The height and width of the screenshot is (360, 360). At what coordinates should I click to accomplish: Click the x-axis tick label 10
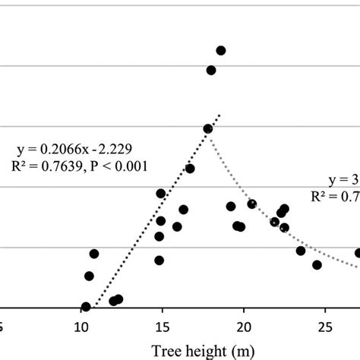[x=81, y=327]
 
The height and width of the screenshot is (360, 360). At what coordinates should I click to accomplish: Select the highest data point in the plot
[x=221, y=51]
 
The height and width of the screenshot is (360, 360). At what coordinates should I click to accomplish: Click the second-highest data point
[x=211, y=71]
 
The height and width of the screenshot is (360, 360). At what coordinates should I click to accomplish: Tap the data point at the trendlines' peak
[x=208, y=129]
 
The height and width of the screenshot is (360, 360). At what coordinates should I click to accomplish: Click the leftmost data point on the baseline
[x=86, y=307]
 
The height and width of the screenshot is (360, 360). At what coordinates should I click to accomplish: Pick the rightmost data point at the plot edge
[x=358, y=253]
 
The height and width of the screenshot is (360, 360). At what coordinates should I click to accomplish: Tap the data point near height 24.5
[x=317, y=264]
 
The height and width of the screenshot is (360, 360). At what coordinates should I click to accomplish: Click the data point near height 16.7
[x=190, y=169]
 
